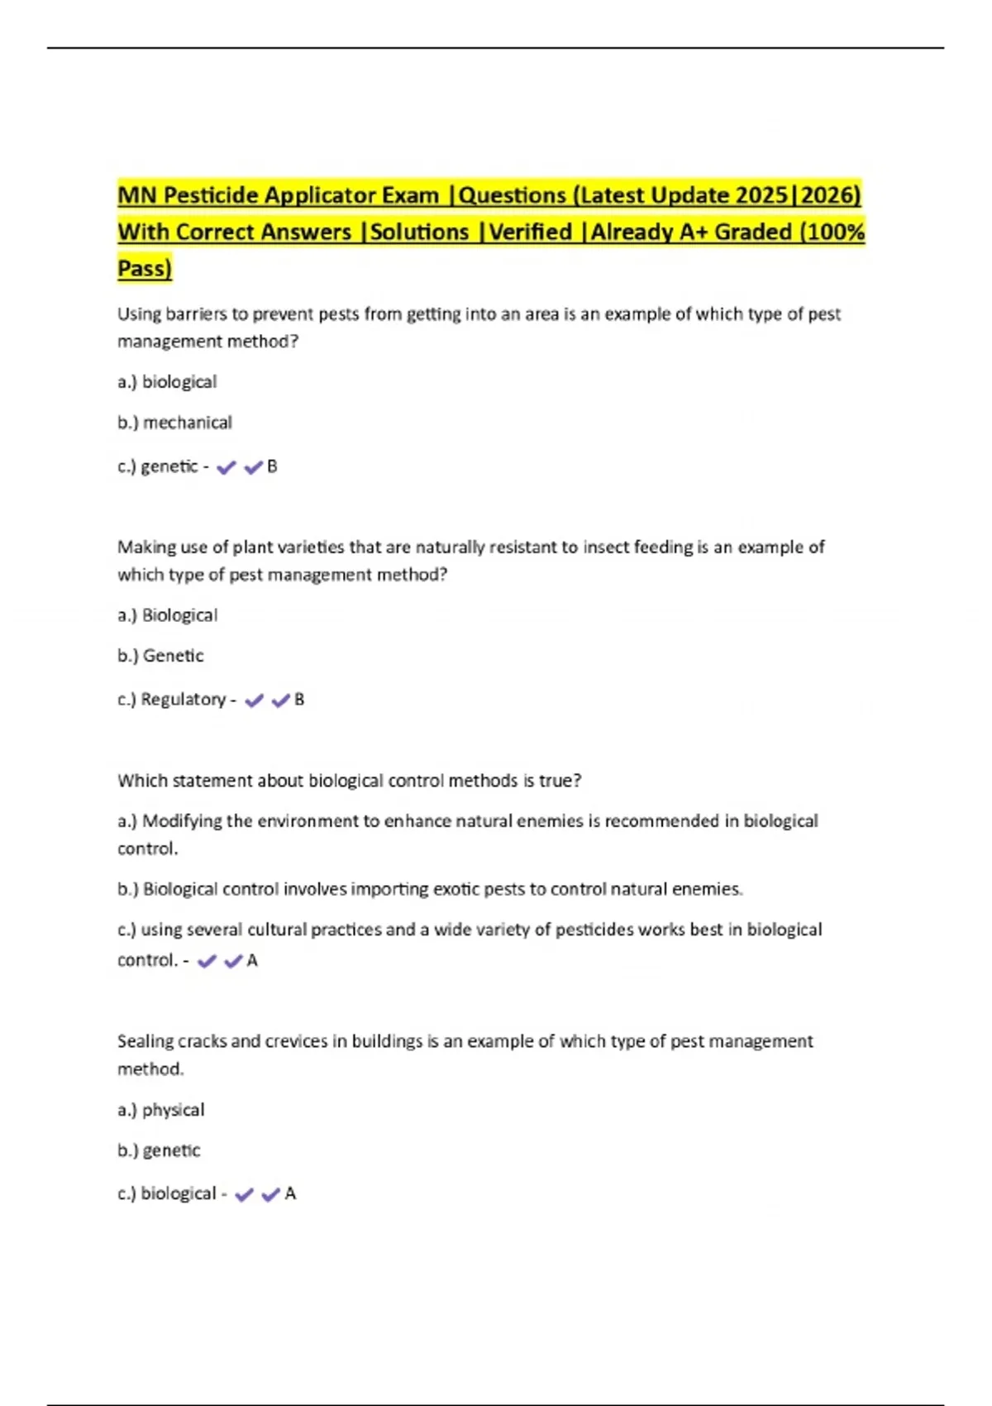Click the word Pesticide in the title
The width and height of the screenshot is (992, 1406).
(211, 195)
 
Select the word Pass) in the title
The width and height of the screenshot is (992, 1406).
(145, 268)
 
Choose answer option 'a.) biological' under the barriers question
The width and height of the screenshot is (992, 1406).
(167, 382)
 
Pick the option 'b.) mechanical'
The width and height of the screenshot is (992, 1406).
(174, 423)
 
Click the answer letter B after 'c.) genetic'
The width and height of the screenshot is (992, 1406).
(272, 466)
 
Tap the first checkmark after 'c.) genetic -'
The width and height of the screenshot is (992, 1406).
(226, 467)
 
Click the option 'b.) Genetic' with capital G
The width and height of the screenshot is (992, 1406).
(160, 656)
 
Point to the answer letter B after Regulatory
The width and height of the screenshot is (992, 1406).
(299, 700)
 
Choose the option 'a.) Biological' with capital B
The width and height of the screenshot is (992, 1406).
(167, 615)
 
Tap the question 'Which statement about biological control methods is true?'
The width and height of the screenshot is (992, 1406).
(349, 781)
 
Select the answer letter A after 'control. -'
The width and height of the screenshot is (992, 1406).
(252, 961)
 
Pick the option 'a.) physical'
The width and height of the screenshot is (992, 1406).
(160, 1110)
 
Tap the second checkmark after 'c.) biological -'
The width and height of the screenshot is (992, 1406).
(270, 1194)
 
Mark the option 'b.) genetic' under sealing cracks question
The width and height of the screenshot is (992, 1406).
(159, 1150)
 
